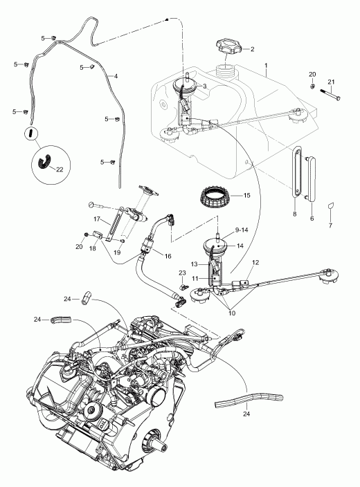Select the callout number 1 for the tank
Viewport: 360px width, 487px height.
266,66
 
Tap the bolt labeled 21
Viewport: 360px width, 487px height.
331,95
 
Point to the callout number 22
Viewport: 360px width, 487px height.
60,169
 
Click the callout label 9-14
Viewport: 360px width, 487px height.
241,230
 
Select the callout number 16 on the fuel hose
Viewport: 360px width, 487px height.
168,256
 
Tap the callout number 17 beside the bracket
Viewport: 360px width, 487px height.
97,219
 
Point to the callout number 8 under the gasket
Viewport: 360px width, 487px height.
295,214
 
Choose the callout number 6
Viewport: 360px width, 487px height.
312,219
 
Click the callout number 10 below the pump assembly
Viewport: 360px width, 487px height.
232,313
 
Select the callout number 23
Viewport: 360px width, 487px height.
182,273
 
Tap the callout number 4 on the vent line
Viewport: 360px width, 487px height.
116,76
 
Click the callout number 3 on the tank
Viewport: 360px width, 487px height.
204,86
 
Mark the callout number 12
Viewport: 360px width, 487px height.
255,263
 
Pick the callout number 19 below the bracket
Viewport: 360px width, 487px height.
117,252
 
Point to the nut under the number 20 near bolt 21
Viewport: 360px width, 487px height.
313,86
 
